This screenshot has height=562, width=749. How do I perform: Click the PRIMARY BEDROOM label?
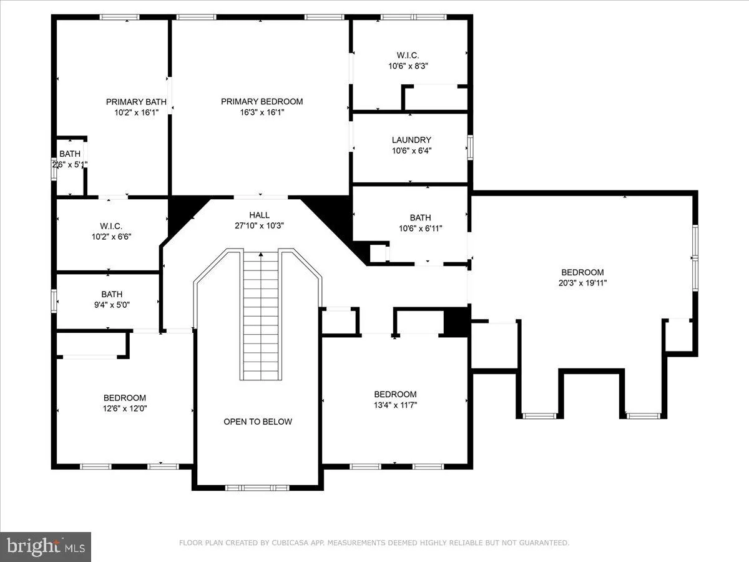[x=262, y=101]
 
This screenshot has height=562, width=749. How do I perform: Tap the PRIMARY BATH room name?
[x=136, y=102]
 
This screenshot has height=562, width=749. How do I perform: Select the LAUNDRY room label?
[x=411, y=140]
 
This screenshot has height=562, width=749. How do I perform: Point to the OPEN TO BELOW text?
[x=258, y=421]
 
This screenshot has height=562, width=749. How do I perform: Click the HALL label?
[x=259, y=215]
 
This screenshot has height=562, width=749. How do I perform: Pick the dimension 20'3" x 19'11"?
[x=582, y=283]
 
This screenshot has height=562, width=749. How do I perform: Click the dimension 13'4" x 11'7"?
[x=394, y=405]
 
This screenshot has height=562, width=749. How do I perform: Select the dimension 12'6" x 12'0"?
[x=125, y=408]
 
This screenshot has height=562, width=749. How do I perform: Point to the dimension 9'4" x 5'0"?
[x=112, y=305]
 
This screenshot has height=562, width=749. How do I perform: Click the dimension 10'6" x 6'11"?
[x=420, y=228]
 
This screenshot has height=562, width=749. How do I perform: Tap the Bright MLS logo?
[x=46, y=546]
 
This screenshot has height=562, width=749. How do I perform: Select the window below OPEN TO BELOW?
[x=257, y=487]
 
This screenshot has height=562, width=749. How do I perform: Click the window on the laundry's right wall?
[x=471, y=148]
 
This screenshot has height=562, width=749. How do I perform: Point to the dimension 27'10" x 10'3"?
[x=260, y=226]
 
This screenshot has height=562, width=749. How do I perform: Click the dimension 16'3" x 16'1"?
[x=262, y=112]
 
